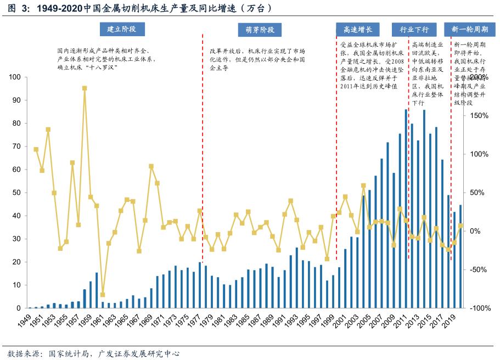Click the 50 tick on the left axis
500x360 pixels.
point(16,193)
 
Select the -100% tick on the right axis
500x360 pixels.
point(479,308)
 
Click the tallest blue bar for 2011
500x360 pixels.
point(406,209)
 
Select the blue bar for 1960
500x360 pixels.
point(97,290)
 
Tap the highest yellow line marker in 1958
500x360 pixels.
point(85,88)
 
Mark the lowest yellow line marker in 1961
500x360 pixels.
point(103,295)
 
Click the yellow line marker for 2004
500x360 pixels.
point(363,186)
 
